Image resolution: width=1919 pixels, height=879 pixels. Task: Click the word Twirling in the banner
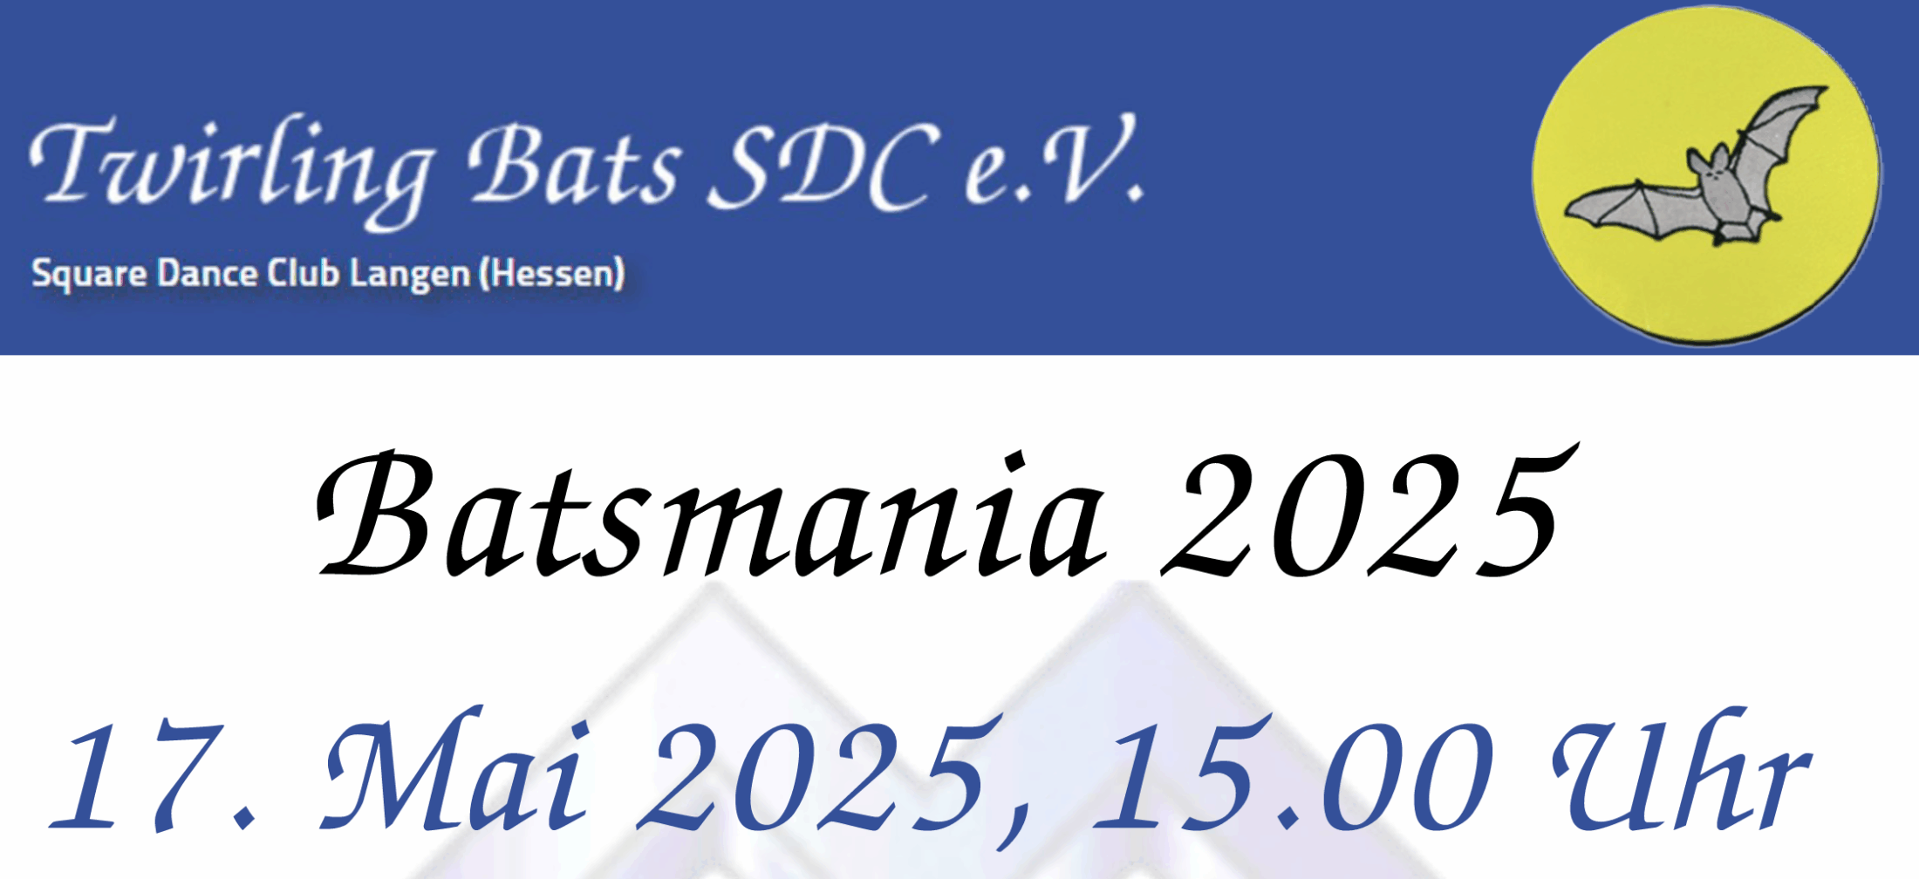click(231, 170)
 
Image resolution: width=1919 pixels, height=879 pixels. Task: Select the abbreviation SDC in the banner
click(824, 165)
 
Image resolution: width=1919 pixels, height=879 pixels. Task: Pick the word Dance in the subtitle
click(208, 273)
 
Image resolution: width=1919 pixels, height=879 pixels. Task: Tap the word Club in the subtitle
click(303, 272)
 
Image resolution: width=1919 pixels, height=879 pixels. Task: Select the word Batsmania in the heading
click(710, 514)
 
